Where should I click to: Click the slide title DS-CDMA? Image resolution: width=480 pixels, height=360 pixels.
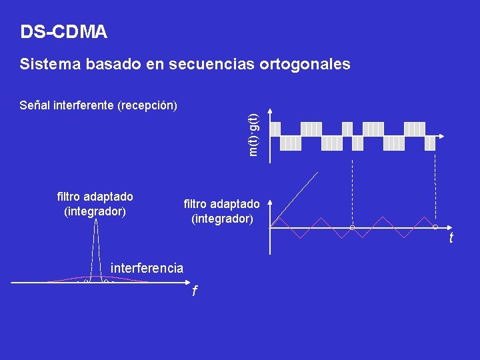pos(63,31)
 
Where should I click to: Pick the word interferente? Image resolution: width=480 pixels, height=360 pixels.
pos(83,105)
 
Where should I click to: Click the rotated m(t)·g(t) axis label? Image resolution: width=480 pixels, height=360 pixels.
pos(253,134)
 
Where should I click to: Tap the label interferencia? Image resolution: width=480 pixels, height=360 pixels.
pos(147,268)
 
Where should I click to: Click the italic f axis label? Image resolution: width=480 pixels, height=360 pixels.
pos(194,291)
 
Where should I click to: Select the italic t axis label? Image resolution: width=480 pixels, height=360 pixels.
pos(451,238)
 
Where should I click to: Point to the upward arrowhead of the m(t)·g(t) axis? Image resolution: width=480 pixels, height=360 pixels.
pos(269,111)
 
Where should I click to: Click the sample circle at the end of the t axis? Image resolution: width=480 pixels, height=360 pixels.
pos(435,227)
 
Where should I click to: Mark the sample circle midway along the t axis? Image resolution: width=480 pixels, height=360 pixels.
pos(352,228)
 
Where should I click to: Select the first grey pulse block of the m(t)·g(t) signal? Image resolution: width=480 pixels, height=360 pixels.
pos(275,129)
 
